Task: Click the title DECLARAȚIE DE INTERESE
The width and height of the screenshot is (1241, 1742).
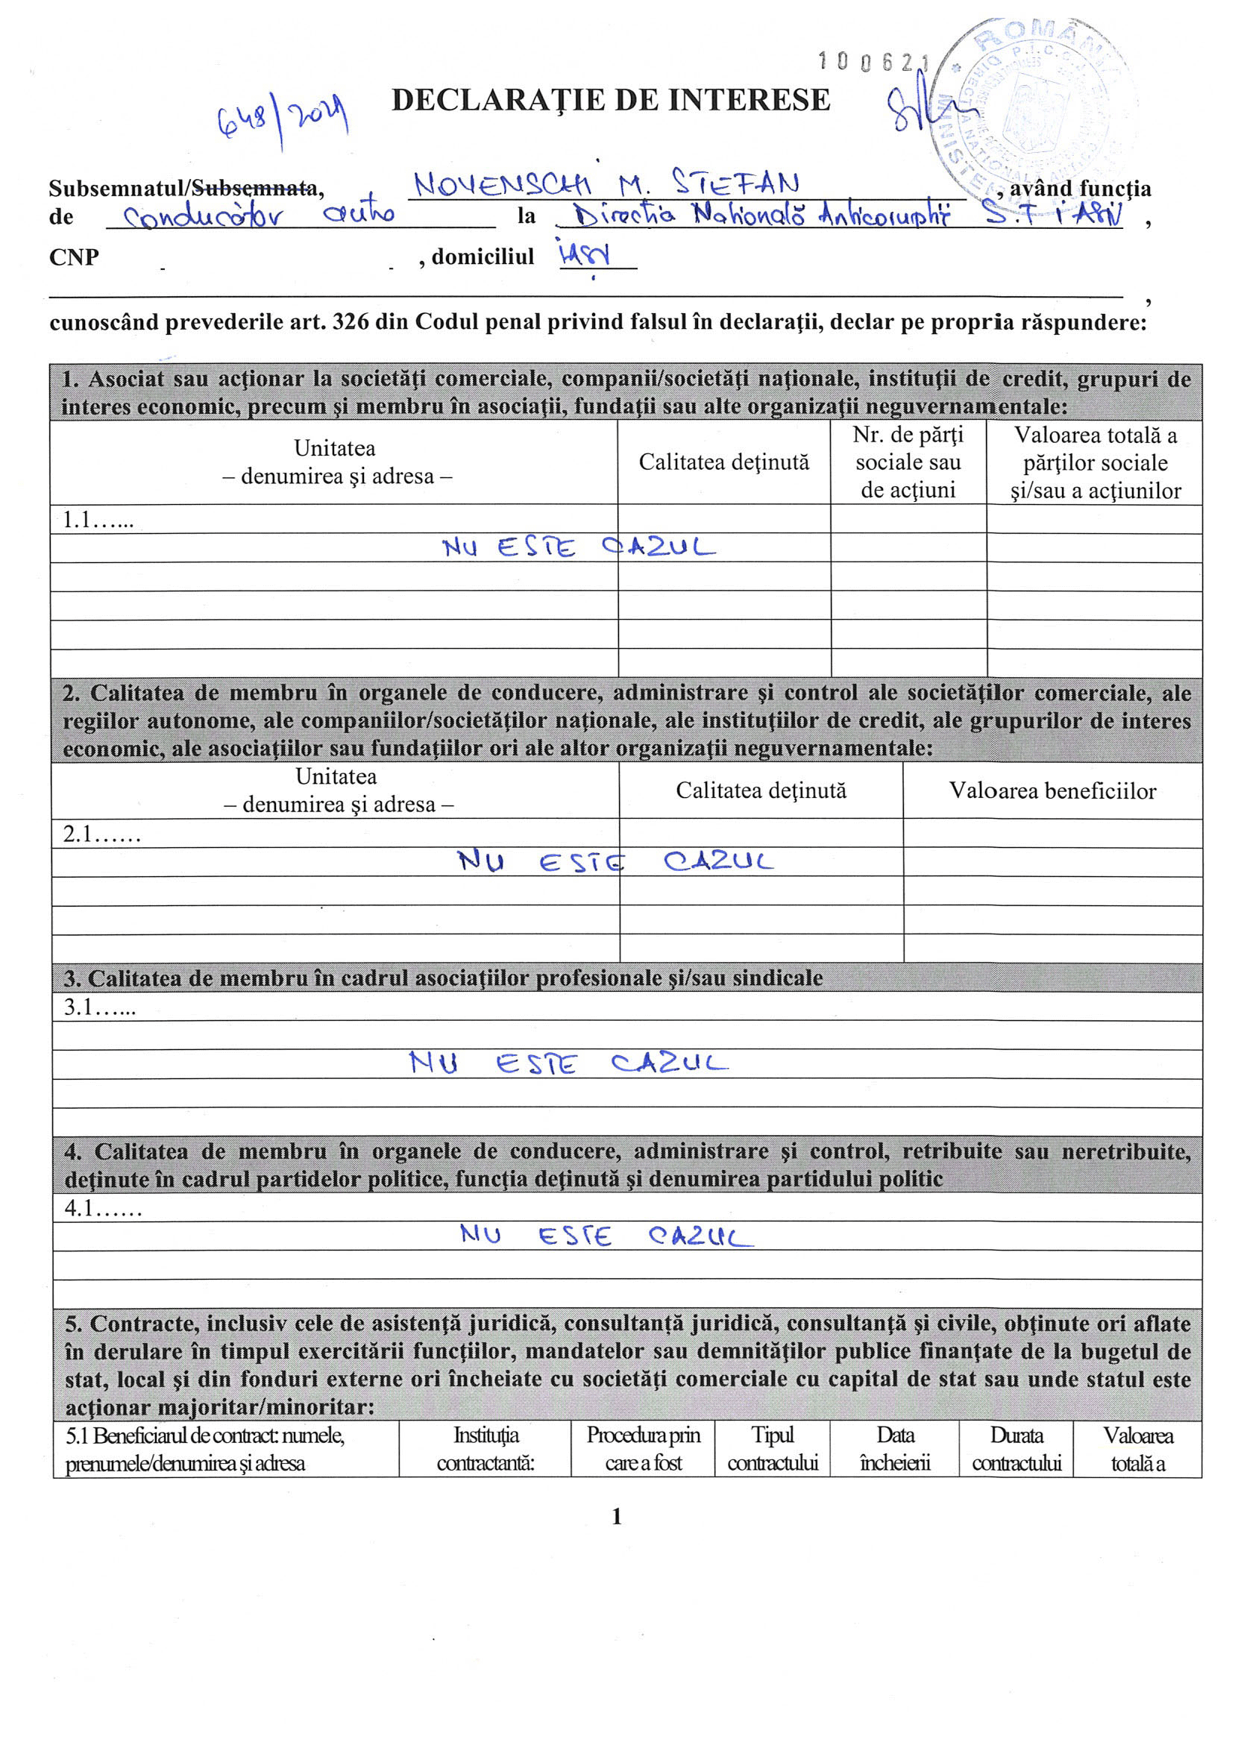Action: tap(611, 101)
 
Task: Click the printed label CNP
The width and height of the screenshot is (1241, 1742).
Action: tap(74, 257)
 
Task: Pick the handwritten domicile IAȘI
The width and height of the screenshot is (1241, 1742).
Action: tap(584, 254)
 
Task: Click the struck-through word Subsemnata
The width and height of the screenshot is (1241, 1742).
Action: tap(254, 188)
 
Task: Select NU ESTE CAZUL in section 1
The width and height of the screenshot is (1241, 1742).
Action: tap(579, 547)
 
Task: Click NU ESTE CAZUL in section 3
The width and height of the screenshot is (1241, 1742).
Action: tap(568, 1063)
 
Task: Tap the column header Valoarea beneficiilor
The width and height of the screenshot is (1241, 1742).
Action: tap(1052, 790)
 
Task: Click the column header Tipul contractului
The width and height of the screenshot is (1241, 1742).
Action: tap(772, 1449)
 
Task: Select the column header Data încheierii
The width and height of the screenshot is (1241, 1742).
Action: tap(894, 1449)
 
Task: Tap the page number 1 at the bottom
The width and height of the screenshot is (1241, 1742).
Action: tap(617, 1517)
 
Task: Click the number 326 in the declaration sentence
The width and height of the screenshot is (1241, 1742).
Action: tap(348, 322)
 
